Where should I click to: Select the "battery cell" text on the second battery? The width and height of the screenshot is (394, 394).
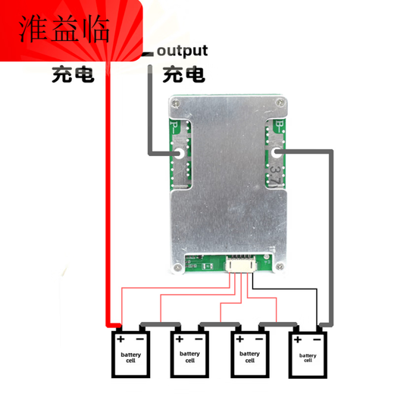tap(189, 355)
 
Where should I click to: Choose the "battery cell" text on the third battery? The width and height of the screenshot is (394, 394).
tap(249, 355)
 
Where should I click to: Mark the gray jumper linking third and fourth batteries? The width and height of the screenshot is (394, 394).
tap(279, 324)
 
